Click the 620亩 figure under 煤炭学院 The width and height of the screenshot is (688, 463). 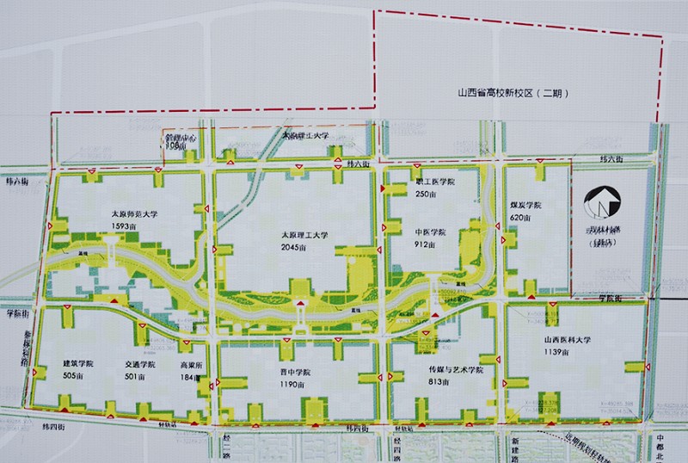click(522, 218)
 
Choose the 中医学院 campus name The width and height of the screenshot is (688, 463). click(431, 232)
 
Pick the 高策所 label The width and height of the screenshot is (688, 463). click(189, 364)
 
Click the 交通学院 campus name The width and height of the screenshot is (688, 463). click(139, 364)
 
